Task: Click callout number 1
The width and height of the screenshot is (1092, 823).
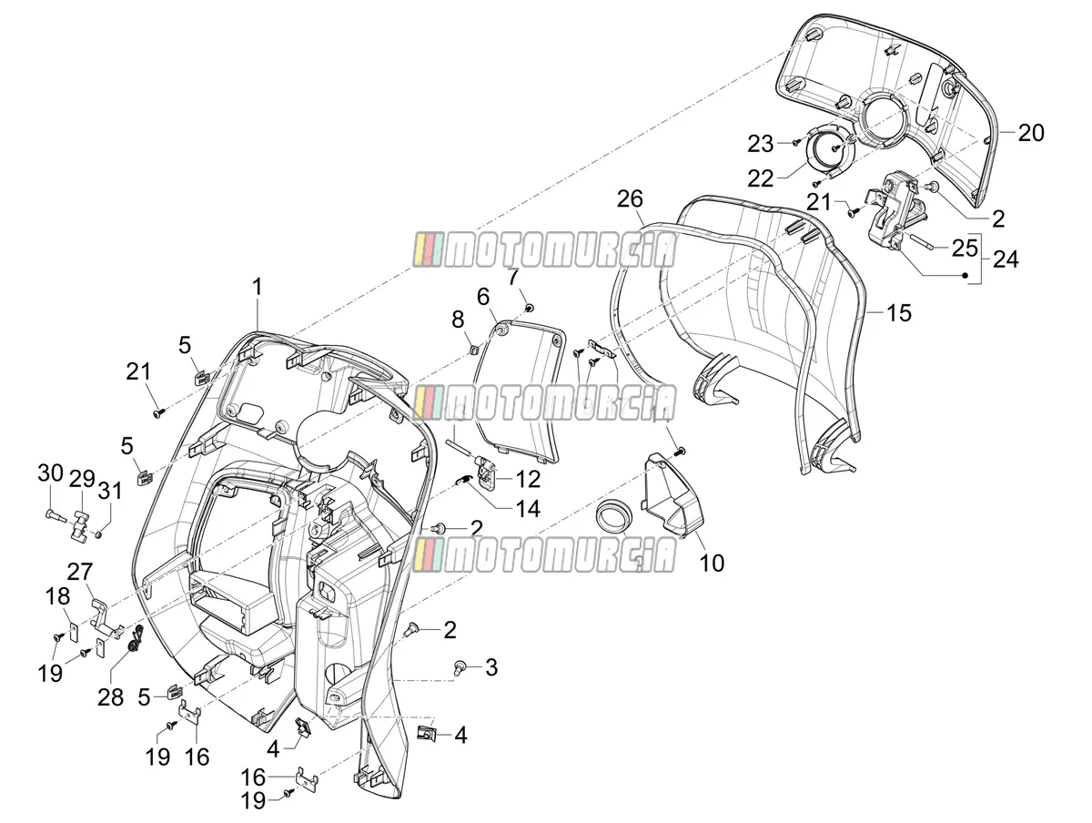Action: pos(257,287)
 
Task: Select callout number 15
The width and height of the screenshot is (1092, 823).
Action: pos(898,313)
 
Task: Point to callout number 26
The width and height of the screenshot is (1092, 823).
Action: pos(630,199)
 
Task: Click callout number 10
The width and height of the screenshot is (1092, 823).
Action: pos(712,563)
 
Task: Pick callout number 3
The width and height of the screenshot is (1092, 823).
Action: pos(491,667)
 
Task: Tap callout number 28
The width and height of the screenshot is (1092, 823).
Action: pos(110,697)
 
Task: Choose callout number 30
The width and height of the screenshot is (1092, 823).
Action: pos(51,472)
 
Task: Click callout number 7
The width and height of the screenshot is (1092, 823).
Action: pos(513,277)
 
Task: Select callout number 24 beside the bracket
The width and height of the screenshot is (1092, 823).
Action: pos(1006,259)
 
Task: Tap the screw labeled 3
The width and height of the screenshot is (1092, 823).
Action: pos(460,666)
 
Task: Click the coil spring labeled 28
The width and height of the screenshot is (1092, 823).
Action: pos(135,638)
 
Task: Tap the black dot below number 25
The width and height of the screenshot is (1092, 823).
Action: pos(966,275)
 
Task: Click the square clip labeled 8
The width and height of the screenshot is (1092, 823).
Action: pos(475,350)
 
